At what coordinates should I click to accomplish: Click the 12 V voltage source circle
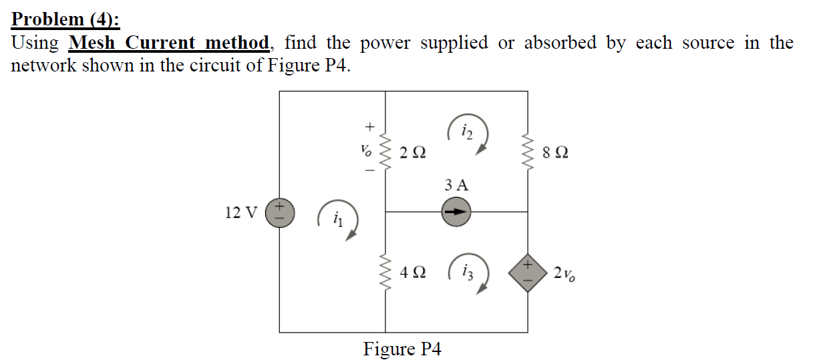[279, 212]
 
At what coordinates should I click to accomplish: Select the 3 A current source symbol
[456, 212]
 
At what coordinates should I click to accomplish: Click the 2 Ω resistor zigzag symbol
[385, 153]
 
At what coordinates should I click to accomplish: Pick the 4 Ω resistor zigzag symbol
[385, 273]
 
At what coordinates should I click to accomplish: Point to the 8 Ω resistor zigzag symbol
[528, 153]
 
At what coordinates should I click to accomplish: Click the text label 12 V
[240, 212]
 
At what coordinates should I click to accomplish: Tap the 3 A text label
[456, 185]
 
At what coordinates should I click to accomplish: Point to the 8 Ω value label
[556, 154]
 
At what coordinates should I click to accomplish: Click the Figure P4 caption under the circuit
[402, 348]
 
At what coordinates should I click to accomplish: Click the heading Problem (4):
[65, 19]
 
